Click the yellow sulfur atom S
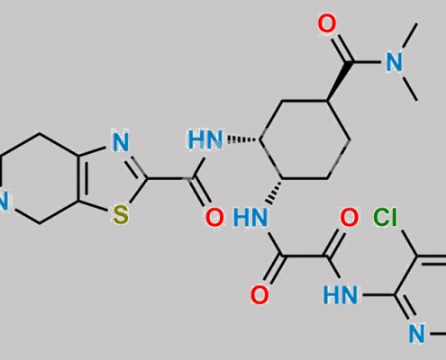pyautogui.click(x=121, y=215)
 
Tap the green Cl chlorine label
pyautogui.click(x=385, y=217)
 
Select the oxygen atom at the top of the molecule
pyautogui.click(x=327, y=24)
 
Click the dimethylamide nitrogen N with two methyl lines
pyautogui.click(x=394, y=62)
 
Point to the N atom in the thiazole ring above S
pyautogui.click(x=121, y=141)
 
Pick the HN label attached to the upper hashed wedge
pyautogui.click(x=206, y=139)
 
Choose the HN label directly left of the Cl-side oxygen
pyautogui.click(x=250, y=218)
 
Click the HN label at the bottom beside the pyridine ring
pyautogui.click(x=341, y=294)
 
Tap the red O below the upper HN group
pyautogui.click(x=214, y=218)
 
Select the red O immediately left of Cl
pyautogui.click(x=349, y=218)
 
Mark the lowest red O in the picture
pyautogui.click(x=259, y=294)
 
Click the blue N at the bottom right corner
pyautogui.click(x=417, y=334)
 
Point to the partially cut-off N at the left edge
pyautogui.click(x=4, y=201)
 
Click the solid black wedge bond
pyautogui.click(x=340, y=82)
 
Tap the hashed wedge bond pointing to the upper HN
pyautogui.click(x=244, y=139)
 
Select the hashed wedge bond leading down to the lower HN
pyautogui.click(x=275, y=192)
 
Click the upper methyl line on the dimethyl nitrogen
pyautogui.click(x=410, y=35)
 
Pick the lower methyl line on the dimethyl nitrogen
pyautogui.click(x=410, y=89)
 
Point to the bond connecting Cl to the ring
pyautogui.click(x=409, y=244)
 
